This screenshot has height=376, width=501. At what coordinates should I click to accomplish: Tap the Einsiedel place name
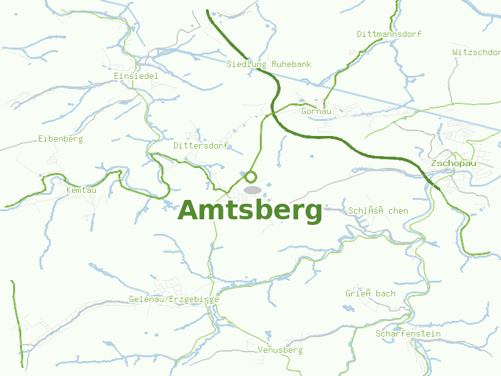136,76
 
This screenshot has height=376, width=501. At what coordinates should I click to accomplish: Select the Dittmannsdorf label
389,34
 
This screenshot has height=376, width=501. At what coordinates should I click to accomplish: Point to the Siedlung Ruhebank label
269,64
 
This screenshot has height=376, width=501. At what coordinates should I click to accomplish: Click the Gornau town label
316,111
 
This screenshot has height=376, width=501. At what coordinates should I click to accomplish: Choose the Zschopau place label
453,163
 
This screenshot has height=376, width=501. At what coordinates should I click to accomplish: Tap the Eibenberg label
60,138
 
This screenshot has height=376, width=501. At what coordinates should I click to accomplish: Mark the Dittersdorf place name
200,145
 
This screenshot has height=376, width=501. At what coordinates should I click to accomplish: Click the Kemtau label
81,189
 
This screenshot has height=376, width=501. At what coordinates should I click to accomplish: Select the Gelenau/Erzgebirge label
174,300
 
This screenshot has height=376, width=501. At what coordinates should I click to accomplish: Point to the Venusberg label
280,350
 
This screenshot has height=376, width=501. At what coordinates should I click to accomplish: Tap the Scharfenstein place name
408,333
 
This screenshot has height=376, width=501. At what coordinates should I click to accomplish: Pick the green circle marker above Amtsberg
251,177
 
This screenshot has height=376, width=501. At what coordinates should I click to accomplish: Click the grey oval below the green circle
252,189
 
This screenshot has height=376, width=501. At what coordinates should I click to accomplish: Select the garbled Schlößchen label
378,211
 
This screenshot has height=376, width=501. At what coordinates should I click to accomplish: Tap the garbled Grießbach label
371,293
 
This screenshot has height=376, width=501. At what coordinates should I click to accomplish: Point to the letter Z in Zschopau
434,163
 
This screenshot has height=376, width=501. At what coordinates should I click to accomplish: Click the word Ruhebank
291,64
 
